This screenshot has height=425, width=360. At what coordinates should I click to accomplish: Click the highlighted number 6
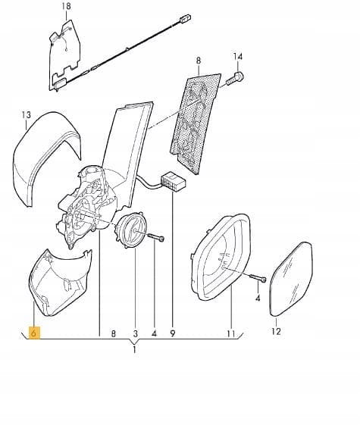34,333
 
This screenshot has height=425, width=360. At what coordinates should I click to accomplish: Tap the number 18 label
66,6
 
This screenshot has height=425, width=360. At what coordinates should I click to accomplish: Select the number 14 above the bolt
238,57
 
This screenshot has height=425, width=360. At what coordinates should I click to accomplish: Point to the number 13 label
26,115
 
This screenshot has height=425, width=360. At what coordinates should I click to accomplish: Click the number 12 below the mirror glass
276,331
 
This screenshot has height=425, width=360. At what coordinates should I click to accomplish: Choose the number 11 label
230,333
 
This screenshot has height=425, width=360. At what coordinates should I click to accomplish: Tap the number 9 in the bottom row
173,333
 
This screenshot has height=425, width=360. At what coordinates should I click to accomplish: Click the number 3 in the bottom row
135,333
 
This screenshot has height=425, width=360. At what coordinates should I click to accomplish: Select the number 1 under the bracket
134,350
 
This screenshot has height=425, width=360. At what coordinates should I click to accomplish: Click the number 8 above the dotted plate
199,61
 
